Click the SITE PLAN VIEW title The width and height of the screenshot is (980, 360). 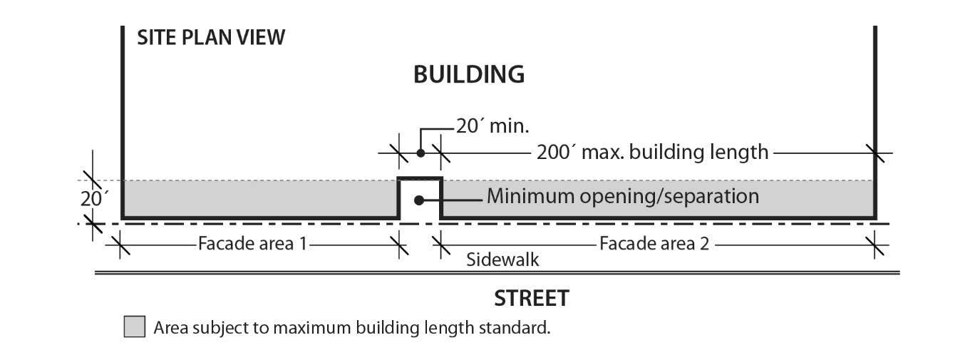tap(211, 37)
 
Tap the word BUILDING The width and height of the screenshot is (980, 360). tap(469, 74)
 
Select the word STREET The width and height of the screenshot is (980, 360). tap(532, 298)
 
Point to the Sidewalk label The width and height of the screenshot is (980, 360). tap(502, 259)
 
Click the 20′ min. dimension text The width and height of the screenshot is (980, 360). tap(492, 127)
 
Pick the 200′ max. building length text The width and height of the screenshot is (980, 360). tap(652, 152)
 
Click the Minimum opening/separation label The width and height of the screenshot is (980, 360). tap(622, 196)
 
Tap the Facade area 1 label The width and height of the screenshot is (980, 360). tap(252, 244)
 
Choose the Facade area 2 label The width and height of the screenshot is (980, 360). tap(654, 244)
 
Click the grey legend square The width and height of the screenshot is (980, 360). tap(135, 327)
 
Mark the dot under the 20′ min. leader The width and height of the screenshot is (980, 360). tap(421, 153)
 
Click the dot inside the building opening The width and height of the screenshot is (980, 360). tap(420, 200)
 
